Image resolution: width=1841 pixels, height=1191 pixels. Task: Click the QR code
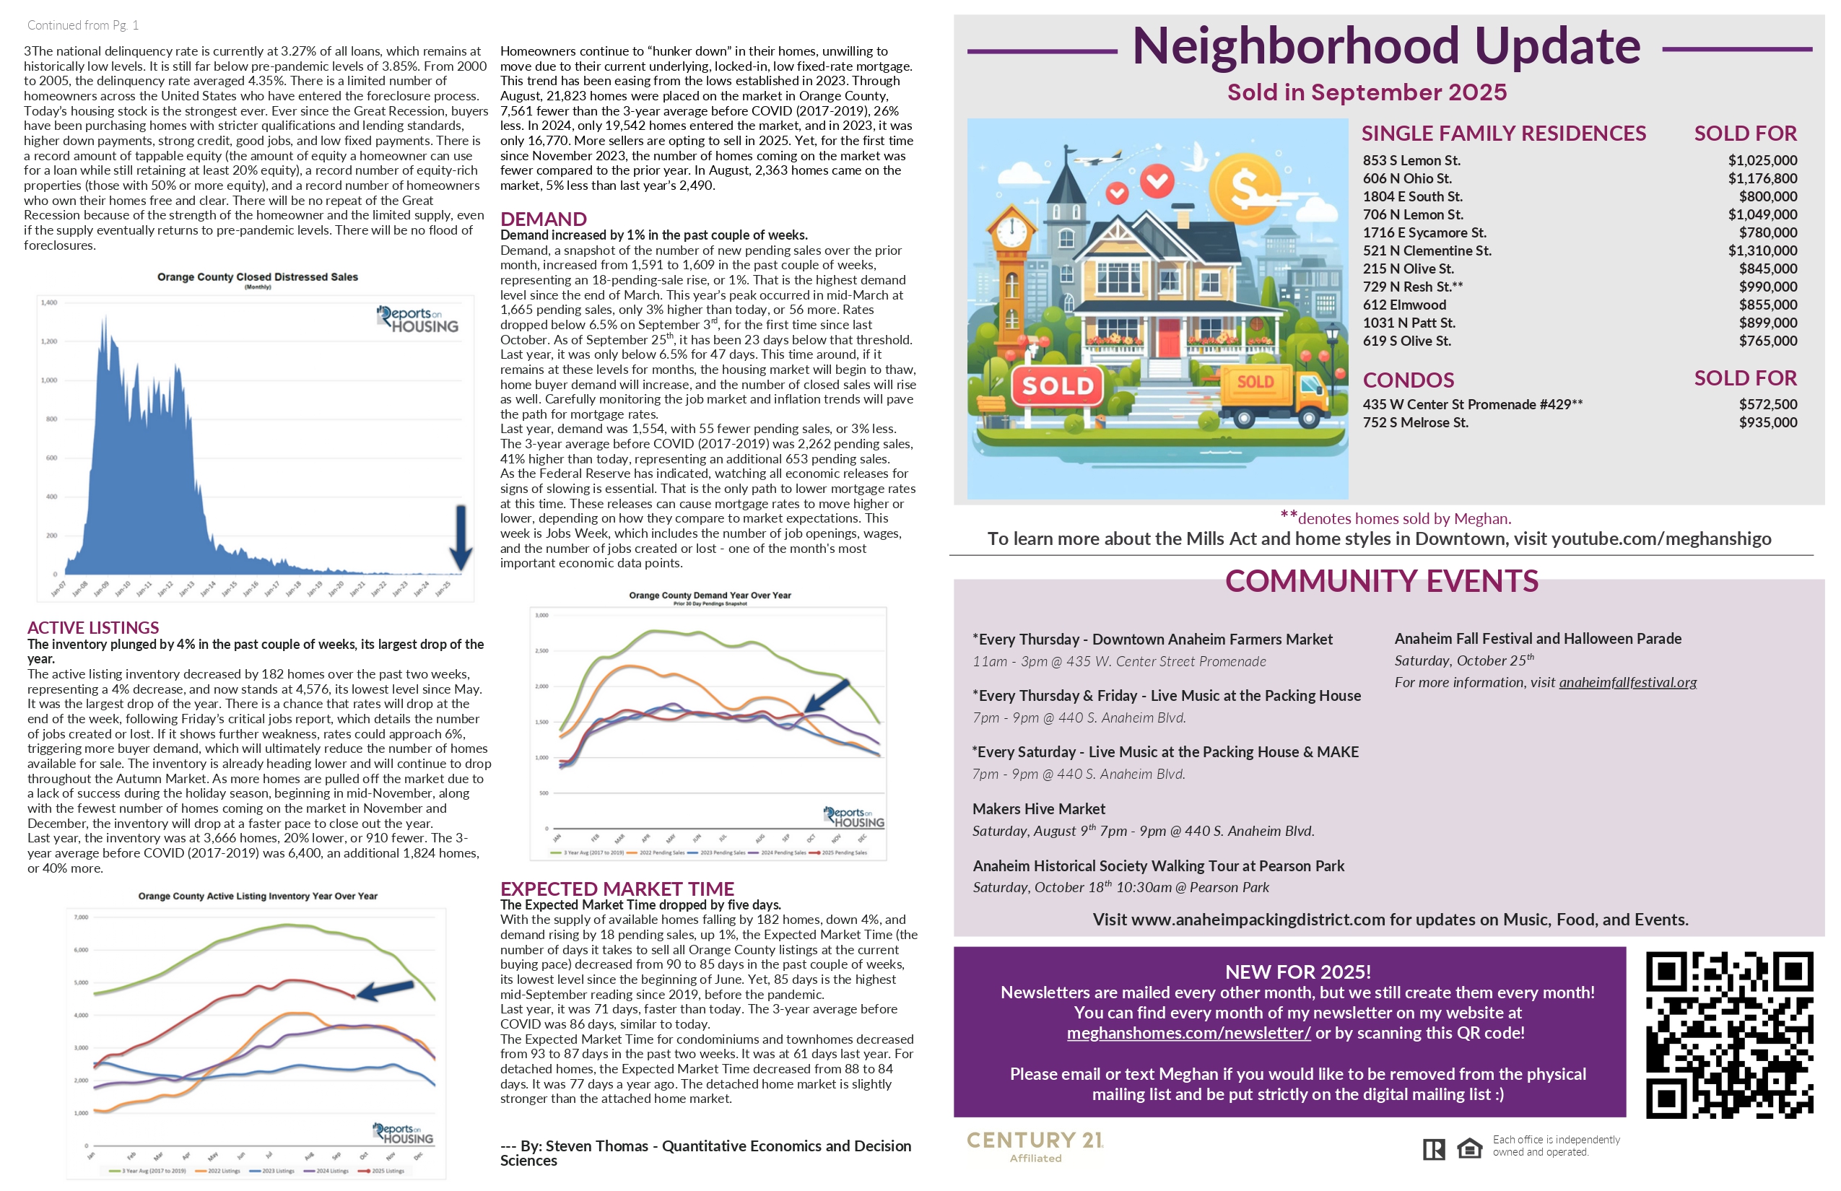point(1729,1035)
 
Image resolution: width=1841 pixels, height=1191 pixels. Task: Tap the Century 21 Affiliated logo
point(1035,1146)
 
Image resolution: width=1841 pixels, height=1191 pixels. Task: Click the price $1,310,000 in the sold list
point(1762,250)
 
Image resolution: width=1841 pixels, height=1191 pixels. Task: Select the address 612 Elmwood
point(1404,305)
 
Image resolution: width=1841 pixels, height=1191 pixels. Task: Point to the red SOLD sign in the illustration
point(1058,385)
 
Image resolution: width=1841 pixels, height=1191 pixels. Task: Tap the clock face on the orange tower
point(1011,230)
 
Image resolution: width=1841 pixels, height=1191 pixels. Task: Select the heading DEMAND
point(543,219)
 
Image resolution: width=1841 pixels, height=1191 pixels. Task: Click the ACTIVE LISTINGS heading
point(93,627)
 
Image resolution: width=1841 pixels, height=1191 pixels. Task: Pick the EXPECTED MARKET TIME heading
point(617,889)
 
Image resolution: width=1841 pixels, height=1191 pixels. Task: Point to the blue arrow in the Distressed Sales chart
point(461,538)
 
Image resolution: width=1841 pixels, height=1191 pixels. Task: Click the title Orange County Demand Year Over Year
point(709,595)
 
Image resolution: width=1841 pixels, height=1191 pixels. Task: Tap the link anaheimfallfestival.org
point(1627,682)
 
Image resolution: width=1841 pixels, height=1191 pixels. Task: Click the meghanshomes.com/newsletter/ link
point(1188,1033)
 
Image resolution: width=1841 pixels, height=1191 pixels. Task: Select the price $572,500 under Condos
point(1767,404)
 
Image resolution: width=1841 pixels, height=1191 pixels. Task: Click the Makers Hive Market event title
point(1038,809)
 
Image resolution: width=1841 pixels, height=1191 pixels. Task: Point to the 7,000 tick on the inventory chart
point(81,917)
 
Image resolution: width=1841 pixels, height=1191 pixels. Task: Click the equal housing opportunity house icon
point(1469,1148)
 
